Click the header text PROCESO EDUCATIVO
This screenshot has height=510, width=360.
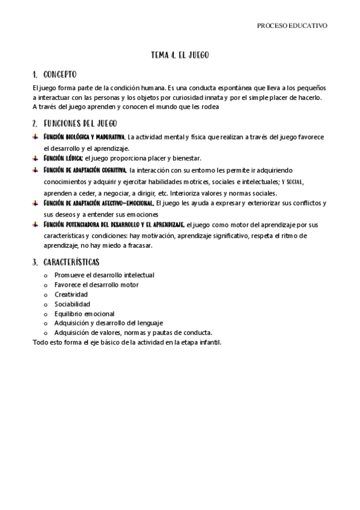click(291, 26)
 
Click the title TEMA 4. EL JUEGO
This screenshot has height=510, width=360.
click(180, 55)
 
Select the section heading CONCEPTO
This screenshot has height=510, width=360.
click(60, 75)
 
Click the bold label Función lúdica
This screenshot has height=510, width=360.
click(63, 158)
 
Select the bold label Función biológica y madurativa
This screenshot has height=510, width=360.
click(84, 137)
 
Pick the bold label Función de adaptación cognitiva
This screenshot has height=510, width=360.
click(85, 170)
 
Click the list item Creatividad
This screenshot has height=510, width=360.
click(71, 295)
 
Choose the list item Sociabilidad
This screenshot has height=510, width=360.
click(72, 304)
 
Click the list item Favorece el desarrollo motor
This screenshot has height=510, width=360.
click(96, 285)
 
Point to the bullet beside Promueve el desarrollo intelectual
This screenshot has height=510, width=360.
click(46, 275)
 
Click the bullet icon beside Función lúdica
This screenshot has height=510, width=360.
click(35, 158)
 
